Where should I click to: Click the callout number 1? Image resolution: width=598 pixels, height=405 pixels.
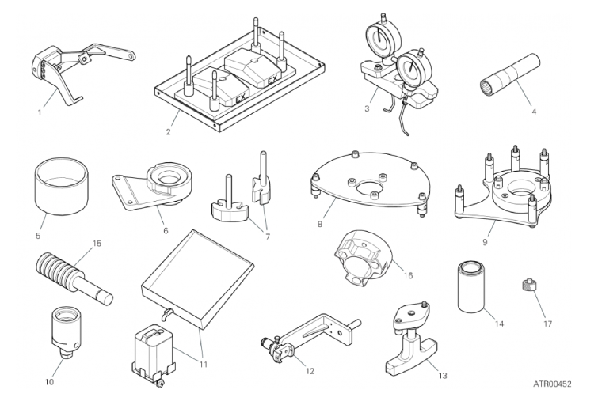click(x=40, y=112)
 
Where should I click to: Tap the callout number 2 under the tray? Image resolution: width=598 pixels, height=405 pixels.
click(x=168, y=132)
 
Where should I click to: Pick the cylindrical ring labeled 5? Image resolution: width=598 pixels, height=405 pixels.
click(x=62, y=188)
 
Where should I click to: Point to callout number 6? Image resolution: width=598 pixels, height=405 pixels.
click(x=166, y=230)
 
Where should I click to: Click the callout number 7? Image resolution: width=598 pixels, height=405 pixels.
click(x=268, y=237)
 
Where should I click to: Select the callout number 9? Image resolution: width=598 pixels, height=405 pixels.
click(x=485, y=242)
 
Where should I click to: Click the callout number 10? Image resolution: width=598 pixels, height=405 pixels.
click(x=50, y=382)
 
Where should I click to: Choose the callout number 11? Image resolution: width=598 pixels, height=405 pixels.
click(x=204, y=365)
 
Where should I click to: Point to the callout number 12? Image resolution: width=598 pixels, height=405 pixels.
click(x=310, y=371)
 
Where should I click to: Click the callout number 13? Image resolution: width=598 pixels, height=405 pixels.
click(x=442, y=376)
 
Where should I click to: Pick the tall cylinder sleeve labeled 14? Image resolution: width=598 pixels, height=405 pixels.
click(x=471, y=287)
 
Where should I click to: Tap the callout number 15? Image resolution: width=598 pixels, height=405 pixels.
click(x=97, y=243)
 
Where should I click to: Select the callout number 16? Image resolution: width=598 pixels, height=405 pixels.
click(x=408, y=275)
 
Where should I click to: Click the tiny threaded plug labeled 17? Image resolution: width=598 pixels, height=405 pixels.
click(x=528, y=284)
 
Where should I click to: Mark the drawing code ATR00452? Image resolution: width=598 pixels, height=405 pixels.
click(x=552, y=384)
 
